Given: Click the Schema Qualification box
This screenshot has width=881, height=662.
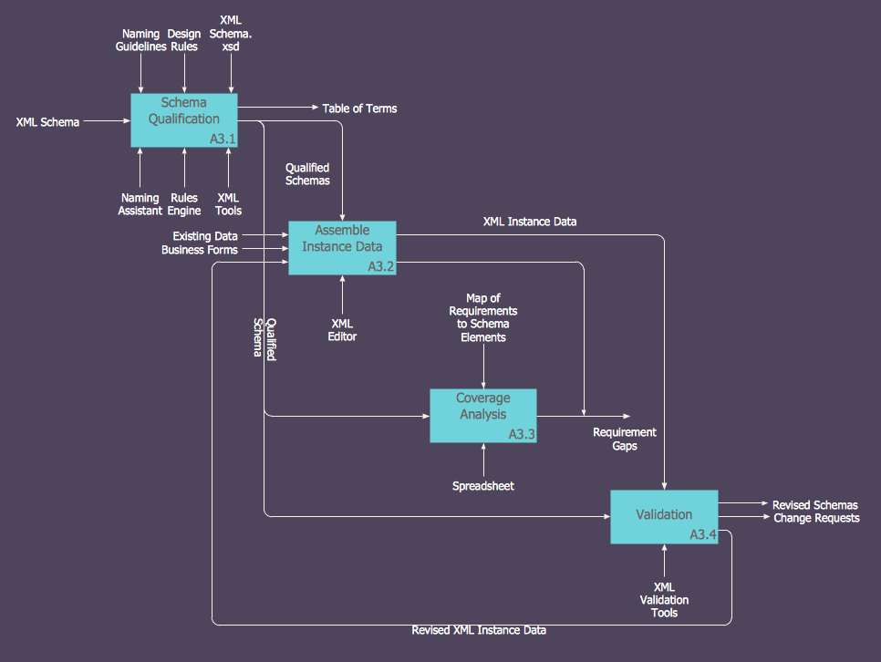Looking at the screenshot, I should (184, 119).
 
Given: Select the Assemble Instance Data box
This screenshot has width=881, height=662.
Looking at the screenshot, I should (342, 247).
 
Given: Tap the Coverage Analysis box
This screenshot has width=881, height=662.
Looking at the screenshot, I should (482, 415).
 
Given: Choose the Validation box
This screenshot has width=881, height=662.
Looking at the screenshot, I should (663, 516).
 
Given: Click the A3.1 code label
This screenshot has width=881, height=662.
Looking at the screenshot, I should (223, 140).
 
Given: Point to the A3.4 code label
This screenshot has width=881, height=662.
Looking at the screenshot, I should (702, 533).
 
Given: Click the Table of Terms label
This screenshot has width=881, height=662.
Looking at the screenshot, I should (359, 109).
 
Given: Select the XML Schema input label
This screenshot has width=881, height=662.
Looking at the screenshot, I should (47, 121).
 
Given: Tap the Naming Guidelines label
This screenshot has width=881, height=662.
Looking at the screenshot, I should (141, 40).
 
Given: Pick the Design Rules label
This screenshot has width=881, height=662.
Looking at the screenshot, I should (184, 40).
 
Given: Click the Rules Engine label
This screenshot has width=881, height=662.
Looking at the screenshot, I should (184, 204).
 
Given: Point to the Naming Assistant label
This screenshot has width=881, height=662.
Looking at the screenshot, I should (140, 204).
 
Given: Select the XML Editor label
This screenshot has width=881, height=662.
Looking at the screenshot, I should (342, 330).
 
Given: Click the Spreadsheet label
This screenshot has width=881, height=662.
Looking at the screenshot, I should (483, 486).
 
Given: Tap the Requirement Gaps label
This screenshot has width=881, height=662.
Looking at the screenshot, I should (625, 440).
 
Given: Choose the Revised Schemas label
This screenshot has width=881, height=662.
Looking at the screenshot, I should (814, 505).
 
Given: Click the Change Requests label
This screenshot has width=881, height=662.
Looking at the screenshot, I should (816, 518).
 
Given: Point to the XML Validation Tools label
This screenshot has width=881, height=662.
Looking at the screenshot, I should (664, 600).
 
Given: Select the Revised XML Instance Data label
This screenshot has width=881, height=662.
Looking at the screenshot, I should (479, 630).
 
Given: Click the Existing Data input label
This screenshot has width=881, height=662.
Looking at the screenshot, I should (205, 236).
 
